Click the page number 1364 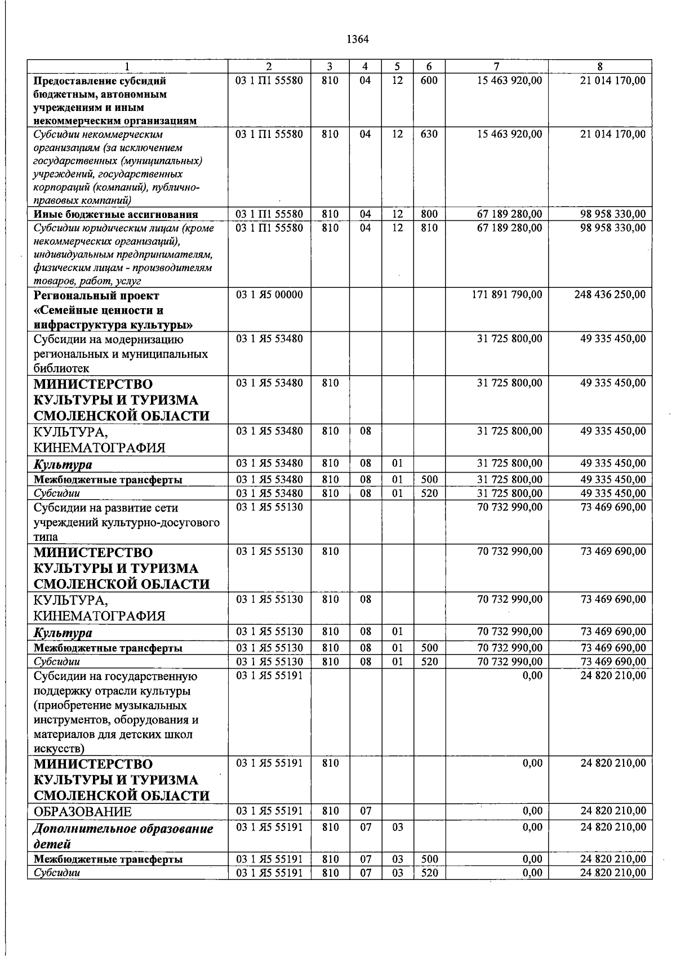coord(357,39)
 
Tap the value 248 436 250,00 coord(610,295)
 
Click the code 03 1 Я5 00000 coord(269,295)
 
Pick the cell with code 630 coord(429,134)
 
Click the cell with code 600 coord(429,81)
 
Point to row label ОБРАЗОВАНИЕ coord(83,812)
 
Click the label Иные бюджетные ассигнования coord(115,214)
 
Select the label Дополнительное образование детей coord(123,836)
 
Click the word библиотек coord(61,368)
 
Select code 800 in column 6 coord(429,214)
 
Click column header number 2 coord(269,66)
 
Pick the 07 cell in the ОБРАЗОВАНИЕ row coord(365,811)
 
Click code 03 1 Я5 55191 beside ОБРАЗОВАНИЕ coord(269,811)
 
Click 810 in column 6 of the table coord(429,228)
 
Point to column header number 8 coord(600,66)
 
